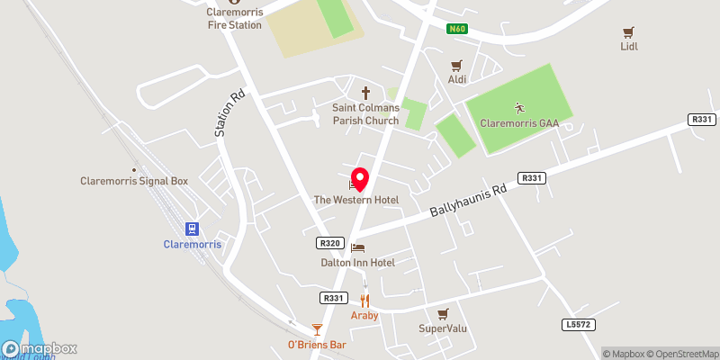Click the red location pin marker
359,178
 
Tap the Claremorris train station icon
191,229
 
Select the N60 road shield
457,30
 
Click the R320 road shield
328,243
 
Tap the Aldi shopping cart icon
456,66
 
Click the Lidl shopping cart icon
629,31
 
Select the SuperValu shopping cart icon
442,313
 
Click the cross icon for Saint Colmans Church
365,92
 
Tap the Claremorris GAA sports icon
517,107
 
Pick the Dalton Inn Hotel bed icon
358,247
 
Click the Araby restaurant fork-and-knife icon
365,301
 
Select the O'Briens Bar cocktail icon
317,329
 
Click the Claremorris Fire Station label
232,19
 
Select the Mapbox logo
40,349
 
